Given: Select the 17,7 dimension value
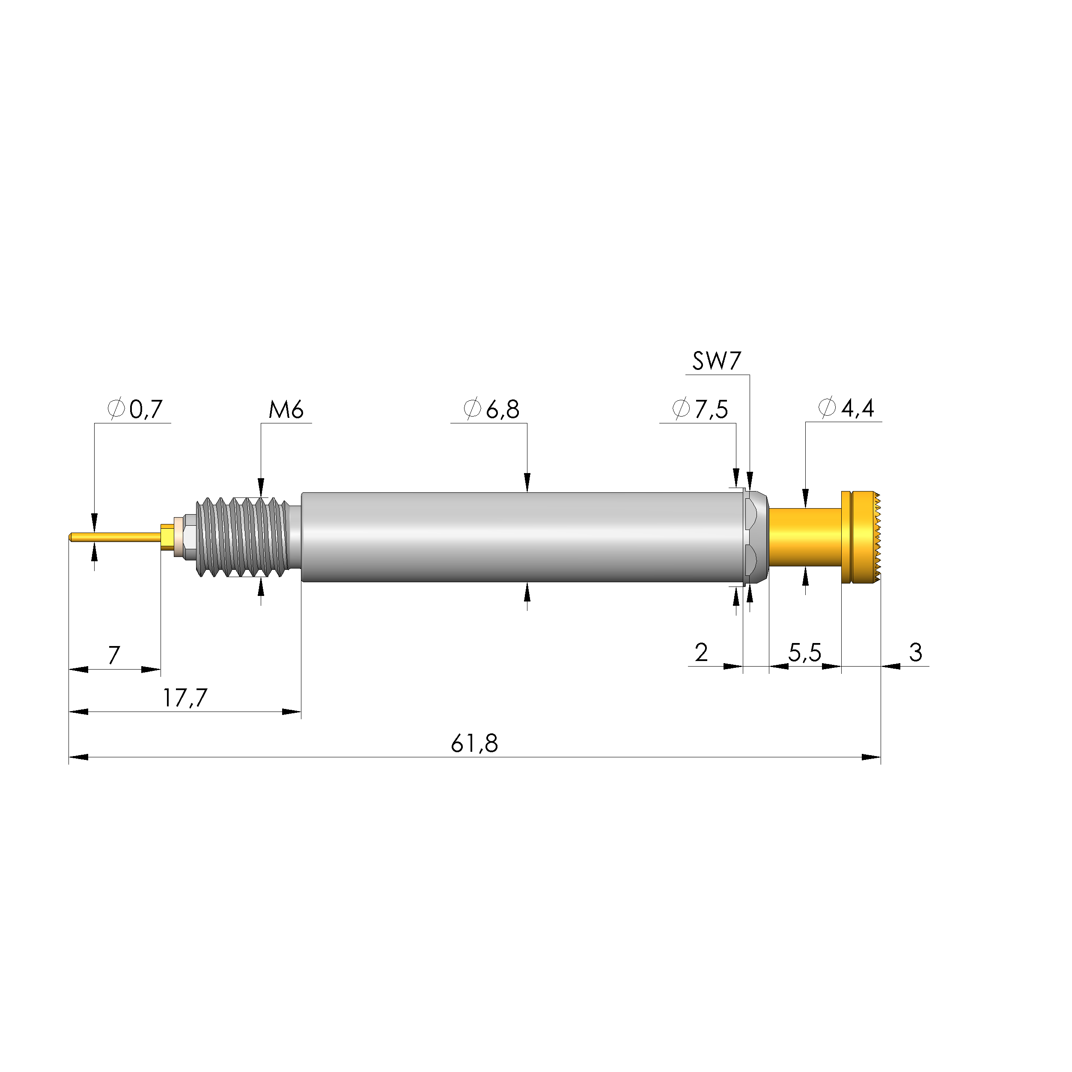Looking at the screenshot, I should (185, 698).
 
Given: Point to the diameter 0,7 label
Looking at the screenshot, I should (135, 409).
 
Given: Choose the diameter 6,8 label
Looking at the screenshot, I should (491, 409).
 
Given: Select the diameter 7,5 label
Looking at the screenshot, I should (700, 409).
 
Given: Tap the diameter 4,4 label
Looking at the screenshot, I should (847, 408).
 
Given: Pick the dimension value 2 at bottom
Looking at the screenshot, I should (701, 653).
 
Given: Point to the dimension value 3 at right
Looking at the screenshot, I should (916, 652).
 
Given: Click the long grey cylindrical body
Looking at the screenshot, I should (521, 536).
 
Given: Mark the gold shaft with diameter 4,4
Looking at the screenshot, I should (804, 536).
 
